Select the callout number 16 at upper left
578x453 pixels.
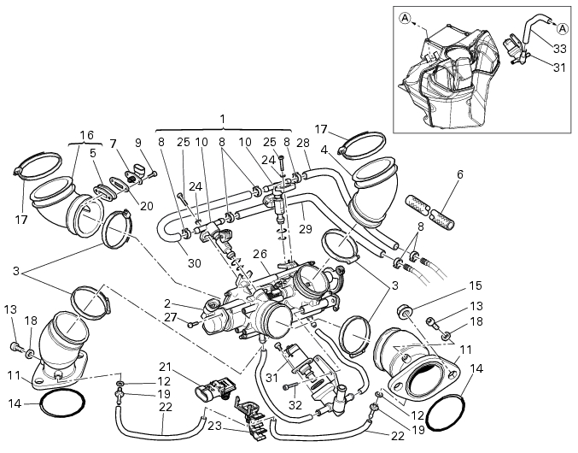click(x=86, y=135)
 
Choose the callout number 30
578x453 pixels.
click(x=195, y=263)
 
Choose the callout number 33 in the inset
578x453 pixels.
click(x=559, y=49)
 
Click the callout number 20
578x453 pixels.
click(x=147, y=205)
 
